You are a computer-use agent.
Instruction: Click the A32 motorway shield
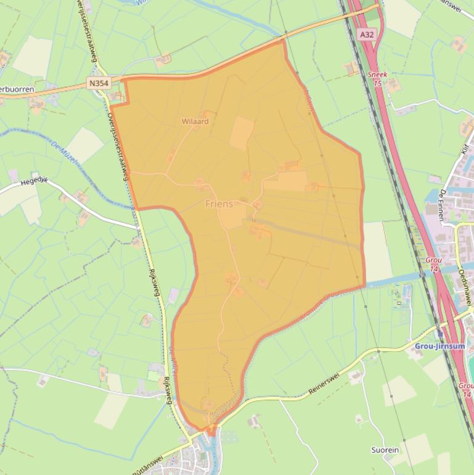point(367,35)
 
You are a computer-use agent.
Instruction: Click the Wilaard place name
point(195,122)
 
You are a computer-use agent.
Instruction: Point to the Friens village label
point(219,203)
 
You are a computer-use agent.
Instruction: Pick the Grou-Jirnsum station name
point(439,346)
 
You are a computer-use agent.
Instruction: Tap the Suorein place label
point(385,450)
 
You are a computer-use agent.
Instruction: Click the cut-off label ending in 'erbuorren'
point(17,89)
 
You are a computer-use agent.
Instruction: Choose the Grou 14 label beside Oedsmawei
point(434,264)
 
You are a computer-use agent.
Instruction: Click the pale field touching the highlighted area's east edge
point(377,251)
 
